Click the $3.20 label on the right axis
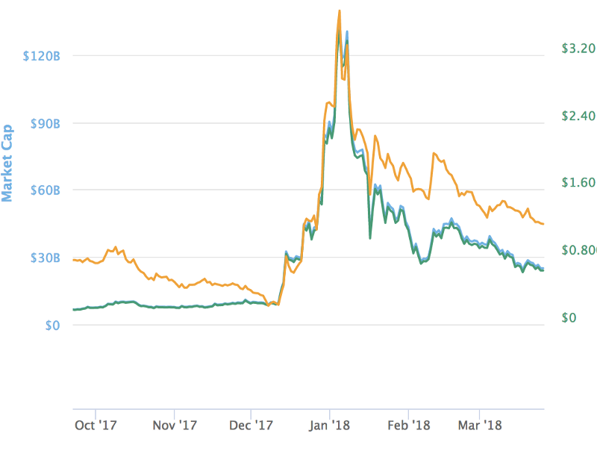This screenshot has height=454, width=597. (578, 49)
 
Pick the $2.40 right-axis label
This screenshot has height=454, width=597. (578, 116)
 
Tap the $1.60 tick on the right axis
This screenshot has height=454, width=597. (578, 183)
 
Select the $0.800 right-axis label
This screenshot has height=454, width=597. (579, 250)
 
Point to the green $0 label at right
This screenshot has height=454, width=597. (569, 317)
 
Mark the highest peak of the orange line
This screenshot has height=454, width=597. (340, 10)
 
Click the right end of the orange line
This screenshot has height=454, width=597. (544, 224)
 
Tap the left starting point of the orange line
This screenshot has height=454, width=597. (73, 260)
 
